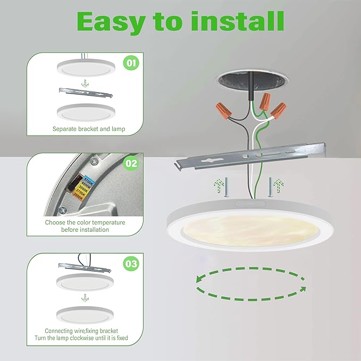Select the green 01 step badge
(x=131, y=63)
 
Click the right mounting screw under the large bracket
(x=270, y=186)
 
